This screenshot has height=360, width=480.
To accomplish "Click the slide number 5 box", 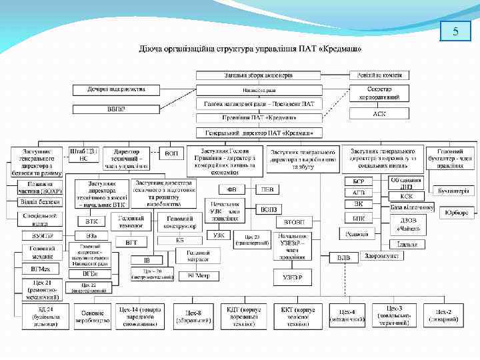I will (x=455, y=31).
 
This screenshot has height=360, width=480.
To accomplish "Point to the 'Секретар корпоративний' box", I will (x=379, y=93).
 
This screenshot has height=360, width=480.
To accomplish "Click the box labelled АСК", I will (x=379, y=113).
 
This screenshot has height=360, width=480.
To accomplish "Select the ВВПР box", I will (x=116, y=109).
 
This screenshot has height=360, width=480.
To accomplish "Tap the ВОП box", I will (x=171, y=153).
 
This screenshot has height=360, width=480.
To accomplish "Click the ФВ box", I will (x=232, y=189).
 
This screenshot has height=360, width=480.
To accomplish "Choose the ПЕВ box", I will (x=268, y=189).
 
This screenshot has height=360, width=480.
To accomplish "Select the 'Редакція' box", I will (x=358, y=233).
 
